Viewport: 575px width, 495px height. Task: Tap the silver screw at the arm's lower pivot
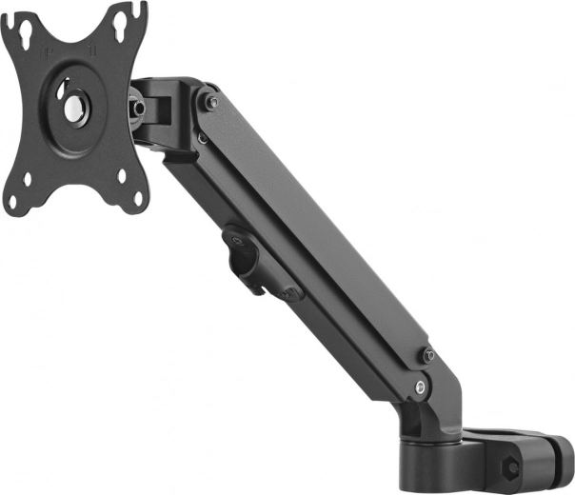(420, 386)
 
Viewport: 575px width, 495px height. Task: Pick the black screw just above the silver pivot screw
(428, 356)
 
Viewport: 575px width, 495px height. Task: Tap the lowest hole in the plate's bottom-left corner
(14, 202)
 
